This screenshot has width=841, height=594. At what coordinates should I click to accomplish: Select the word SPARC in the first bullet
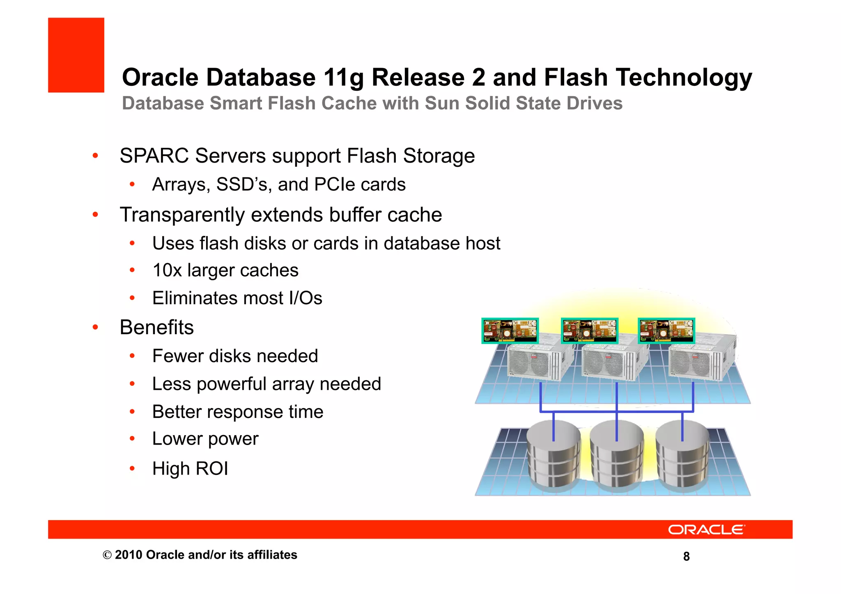coord(154,156)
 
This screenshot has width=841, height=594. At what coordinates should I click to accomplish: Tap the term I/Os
coord(306,298)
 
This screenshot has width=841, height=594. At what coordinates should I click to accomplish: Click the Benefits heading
coord(156,327)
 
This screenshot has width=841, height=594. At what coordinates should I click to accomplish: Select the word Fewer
coord(177,356)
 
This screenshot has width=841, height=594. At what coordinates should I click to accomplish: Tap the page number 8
coord(686,557)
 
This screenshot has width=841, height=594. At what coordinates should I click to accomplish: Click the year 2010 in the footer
coord(129,555)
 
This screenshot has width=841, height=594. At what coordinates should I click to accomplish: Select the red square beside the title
coord(76,55)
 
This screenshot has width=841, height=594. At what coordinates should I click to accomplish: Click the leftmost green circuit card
coord(510,330)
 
